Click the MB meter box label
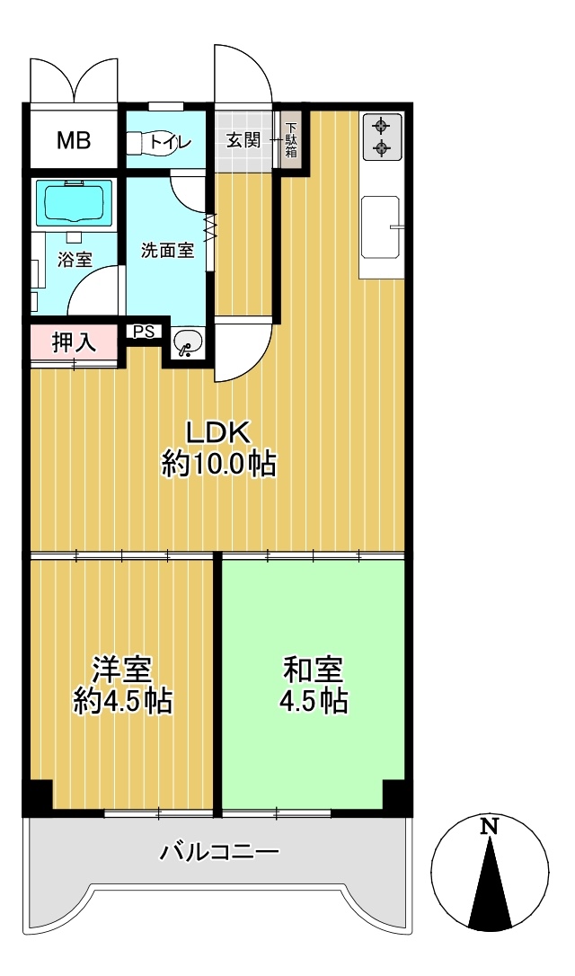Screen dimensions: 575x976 tap(74, 141)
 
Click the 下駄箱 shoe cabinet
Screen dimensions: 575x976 tap(291, 140)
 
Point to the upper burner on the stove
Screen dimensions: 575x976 tap(380, 127)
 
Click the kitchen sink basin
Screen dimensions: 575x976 tap(380, 227)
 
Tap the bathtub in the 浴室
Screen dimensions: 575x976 tap(74, 203)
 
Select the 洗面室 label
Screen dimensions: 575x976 tap(167, 250)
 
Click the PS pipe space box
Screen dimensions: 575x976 tap(144, 332)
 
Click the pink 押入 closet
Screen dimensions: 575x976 tap(74, 342)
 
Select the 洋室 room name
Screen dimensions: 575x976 tap(122, 671)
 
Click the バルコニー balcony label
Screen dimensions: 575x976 tap(219, 850)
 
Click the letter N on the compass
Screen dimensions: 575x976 tap(491, 826)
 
